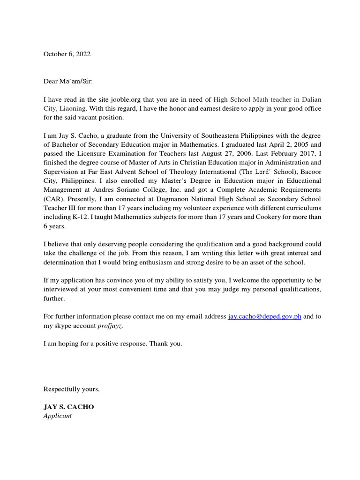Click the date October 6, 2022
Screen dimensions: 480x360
(x=67, y=54)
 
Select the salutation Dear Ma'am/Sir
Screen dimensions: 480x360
(x=68, y=82)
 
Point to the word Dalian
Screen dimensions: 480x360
(x=311, y=99)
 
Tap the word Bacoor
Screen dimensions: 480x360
(x=310, y=172)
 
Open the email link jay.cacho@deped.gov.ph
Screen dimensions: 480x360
(x=264, y=316)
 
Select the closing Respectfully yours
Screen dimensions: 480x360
(x=71, y=389)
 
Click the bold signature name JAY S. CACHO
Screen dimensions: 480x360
(x=69, y=407)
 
